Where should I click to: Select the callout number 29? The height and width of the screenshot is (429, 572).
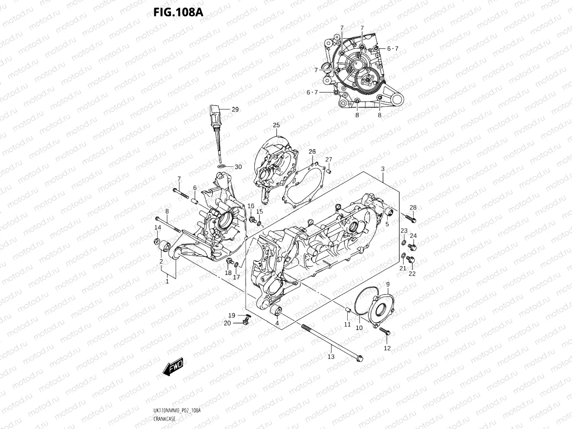click(x=235, y=109)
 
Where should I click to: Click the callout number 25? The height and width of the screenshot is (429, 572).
click(x=276, y=125)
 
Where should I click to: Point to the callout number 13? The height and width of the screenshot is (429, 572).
click(x=331, y=357)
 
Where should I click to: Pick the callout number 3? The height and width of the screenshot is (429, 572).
click(x=383, y=168)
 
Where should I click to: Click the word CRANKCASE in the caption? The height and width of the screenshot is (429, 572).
click(x=165, y=419)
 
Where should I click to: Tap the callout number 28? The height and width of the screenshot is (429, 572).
click(x=413, y=207)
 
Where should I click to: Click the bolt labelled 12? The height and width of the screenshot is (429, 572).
click(x=385, y=331)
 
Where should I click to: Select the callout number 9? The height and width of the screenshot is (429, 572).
click(x=388, y=284)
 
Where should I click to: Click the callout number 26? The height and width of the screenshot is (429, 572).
click(x=312, y=151)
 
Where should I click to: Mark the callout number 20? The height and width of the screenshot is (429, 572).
click(x=227, y=323)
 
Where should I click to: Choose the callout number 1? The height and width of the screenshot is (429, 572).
click(x=167, y=281)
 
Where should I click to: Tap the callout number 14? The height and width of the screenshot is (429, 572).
click(x=158, y=227)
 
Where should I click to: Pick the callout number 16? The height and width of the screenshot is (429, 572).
click(x=251, y=206)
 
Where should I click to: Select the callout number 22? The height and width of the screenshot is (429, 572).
click(x=412, y=274)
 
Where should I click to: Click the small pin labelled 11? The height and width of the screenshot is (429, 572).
click(x=347, y=310)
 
